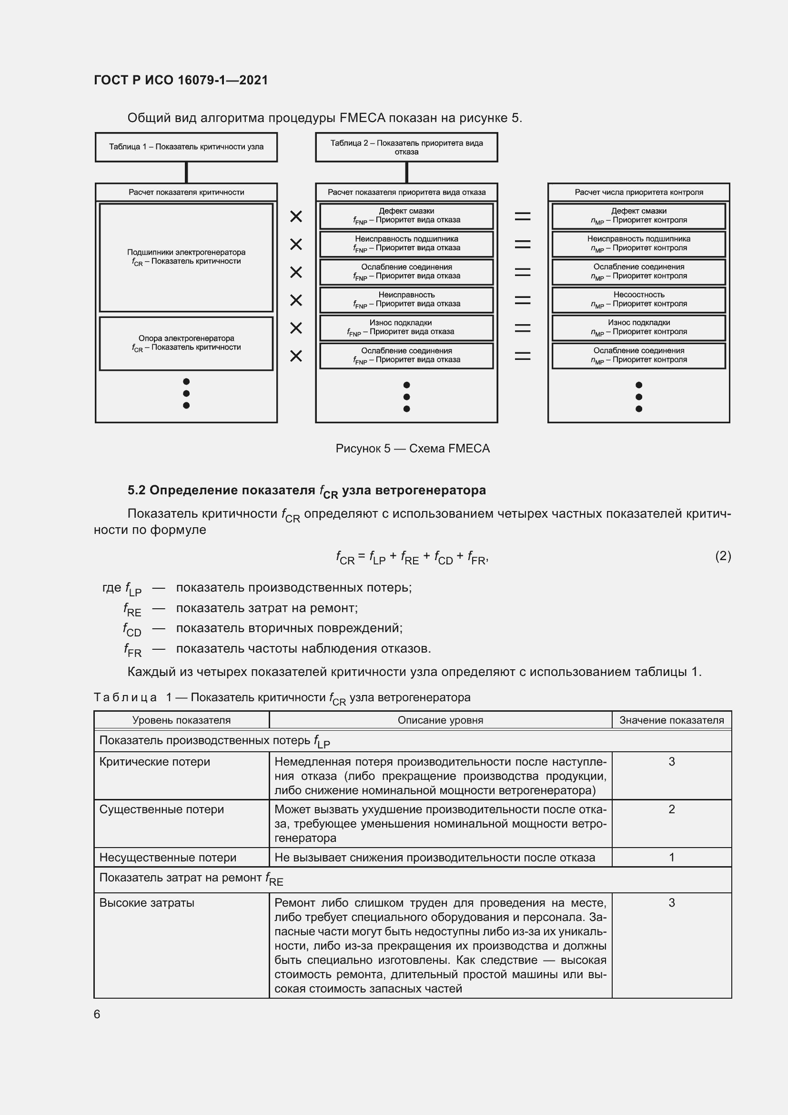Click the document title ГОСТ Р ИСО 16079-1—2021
(x=181, y=80)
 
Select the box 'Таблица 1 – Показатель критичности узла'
(x=186, y=147)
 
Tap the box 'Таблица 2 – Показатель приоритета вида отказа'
(x=406, y=147)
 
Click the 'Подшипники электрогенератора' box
(x=186, y=257)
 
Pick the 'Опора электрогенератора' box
(x=186, y=343)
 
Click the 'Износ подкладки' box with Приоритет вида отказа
(x=406, y=327)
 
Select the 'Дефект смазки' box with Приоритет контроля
(x=638, y=215)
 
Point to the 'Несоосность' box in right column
(x=638, y=299)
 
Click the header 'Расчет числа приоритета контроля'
(x=638, y=192)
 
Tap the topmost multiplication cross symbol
(x=296, y=216)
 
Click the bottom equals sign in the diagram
(x=523, y=356)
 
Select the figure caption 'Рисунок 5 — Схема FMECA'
(x=413, y=448)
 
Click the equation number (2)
(x=723, y=555)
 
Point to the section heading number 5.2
(x=136, y=491)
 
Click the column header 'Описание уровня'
(x=440, y=720)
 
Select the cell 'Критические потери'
(x=155, y=761)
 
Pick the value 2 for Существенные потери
(x=672, y=809)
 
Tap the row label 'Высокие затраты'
(x=147, y=903)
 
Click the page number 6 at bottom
(x=97, y=1014)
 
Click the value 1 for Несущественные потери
(x=672, y=857)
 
